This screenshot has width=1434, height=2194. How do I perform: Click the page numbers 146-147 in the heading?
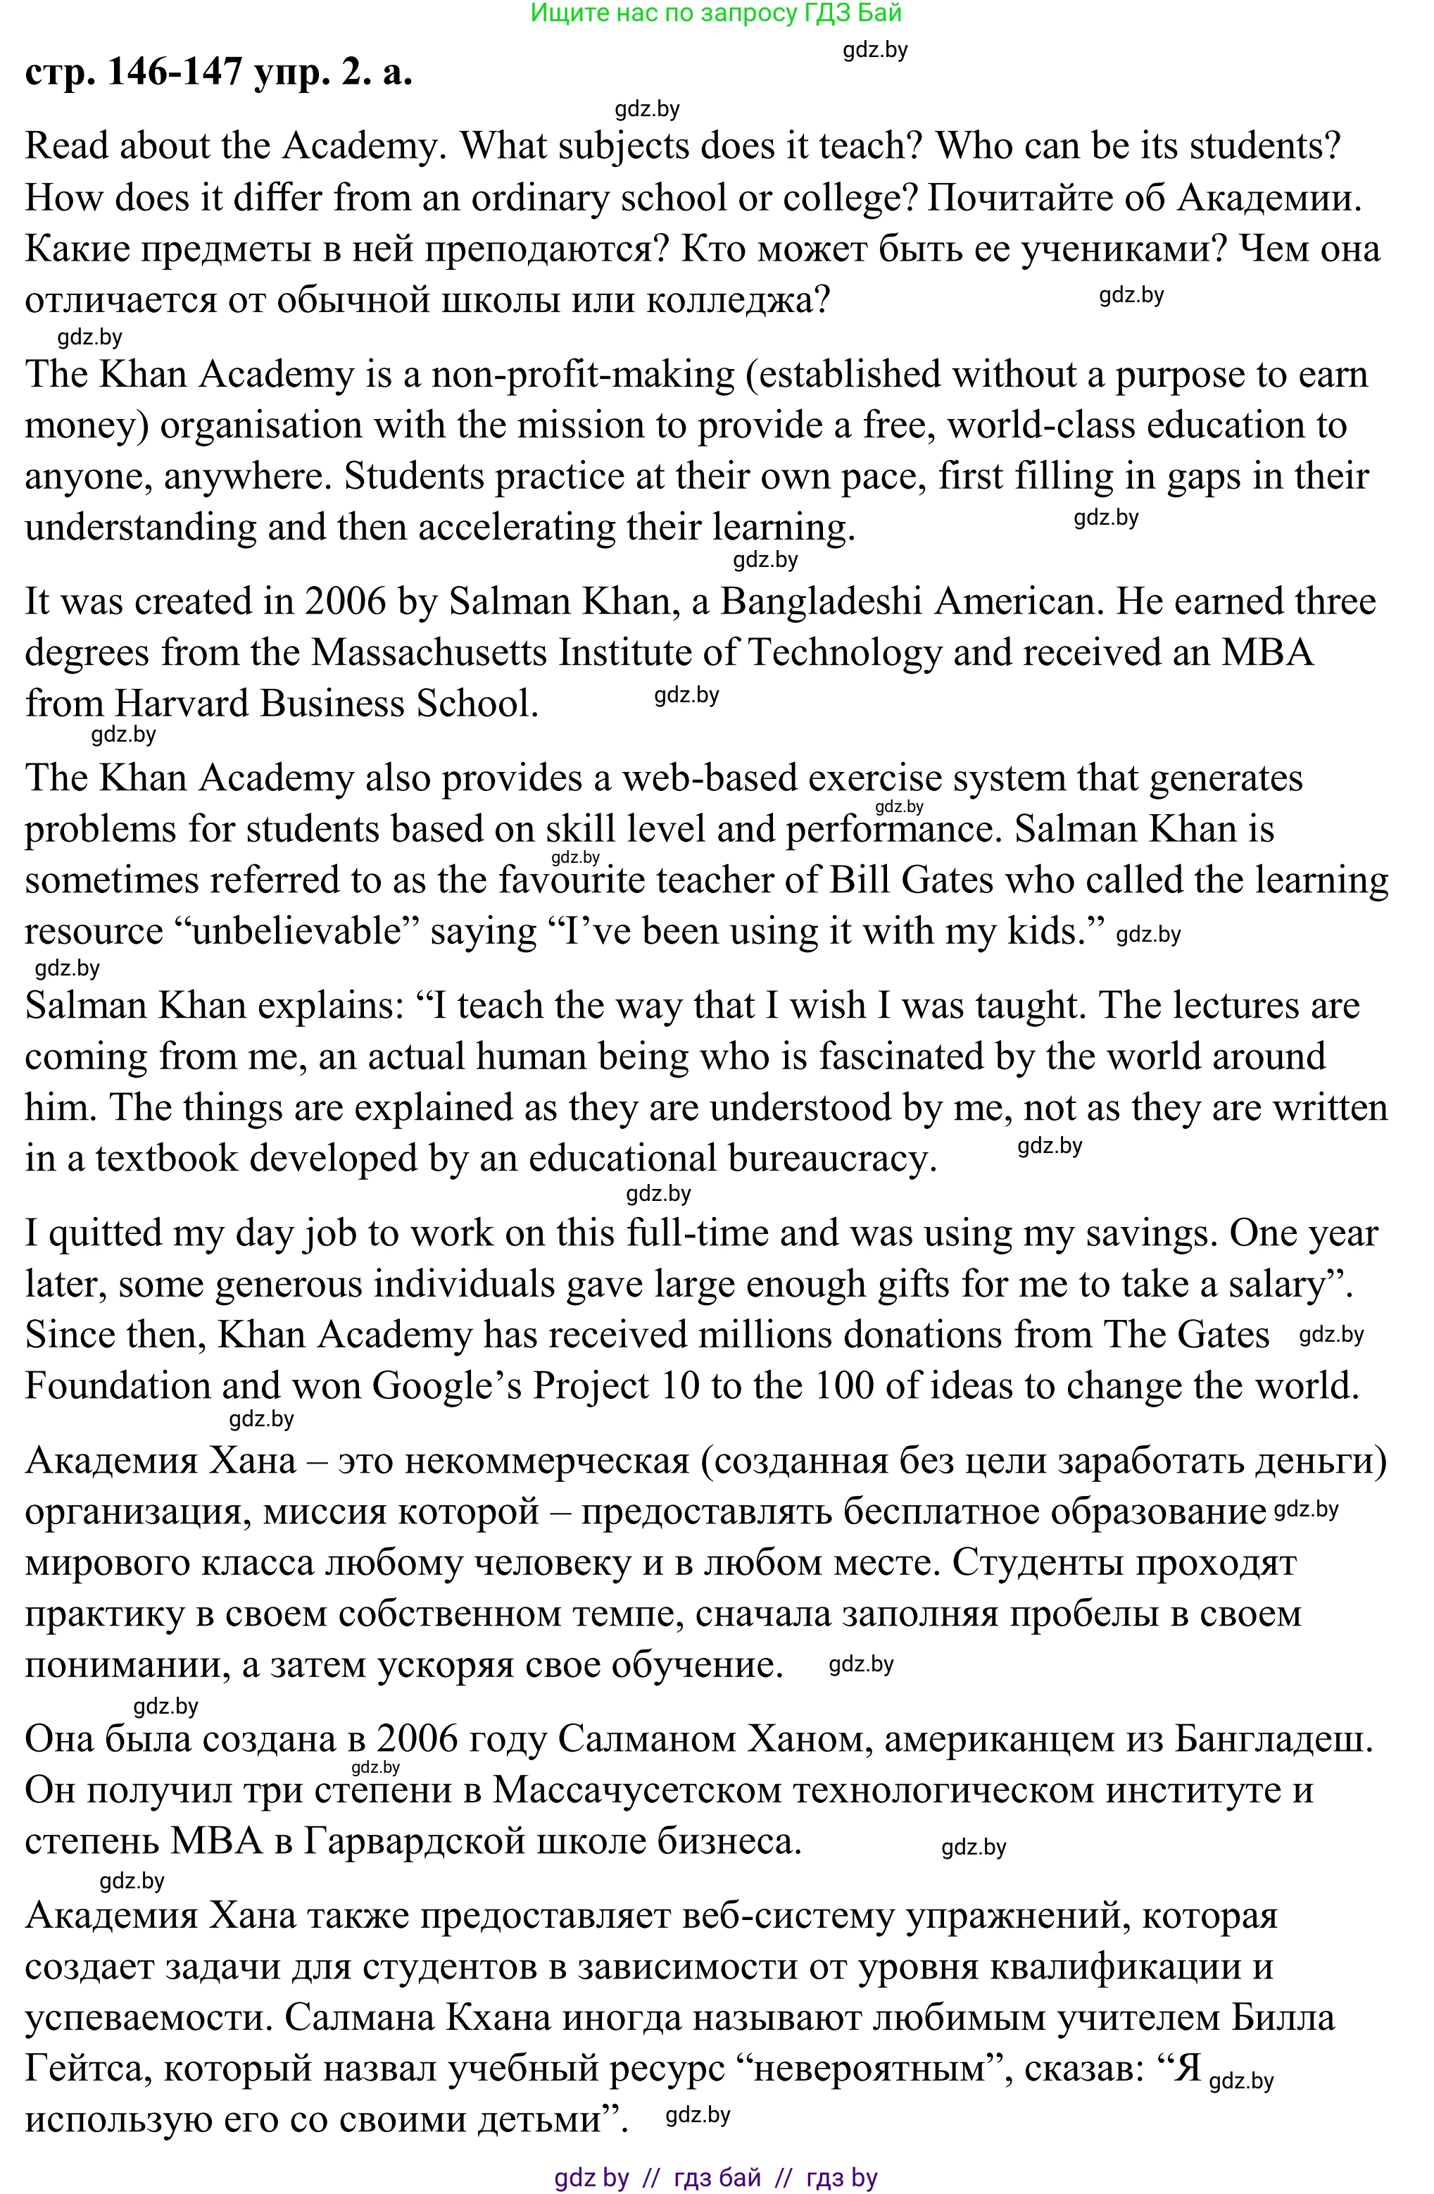(175, 72)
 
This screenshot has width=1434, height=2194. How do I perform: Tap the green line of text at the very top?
(716, 13)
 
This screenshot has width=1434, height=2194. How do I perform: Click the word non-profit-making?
(584, 374)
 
